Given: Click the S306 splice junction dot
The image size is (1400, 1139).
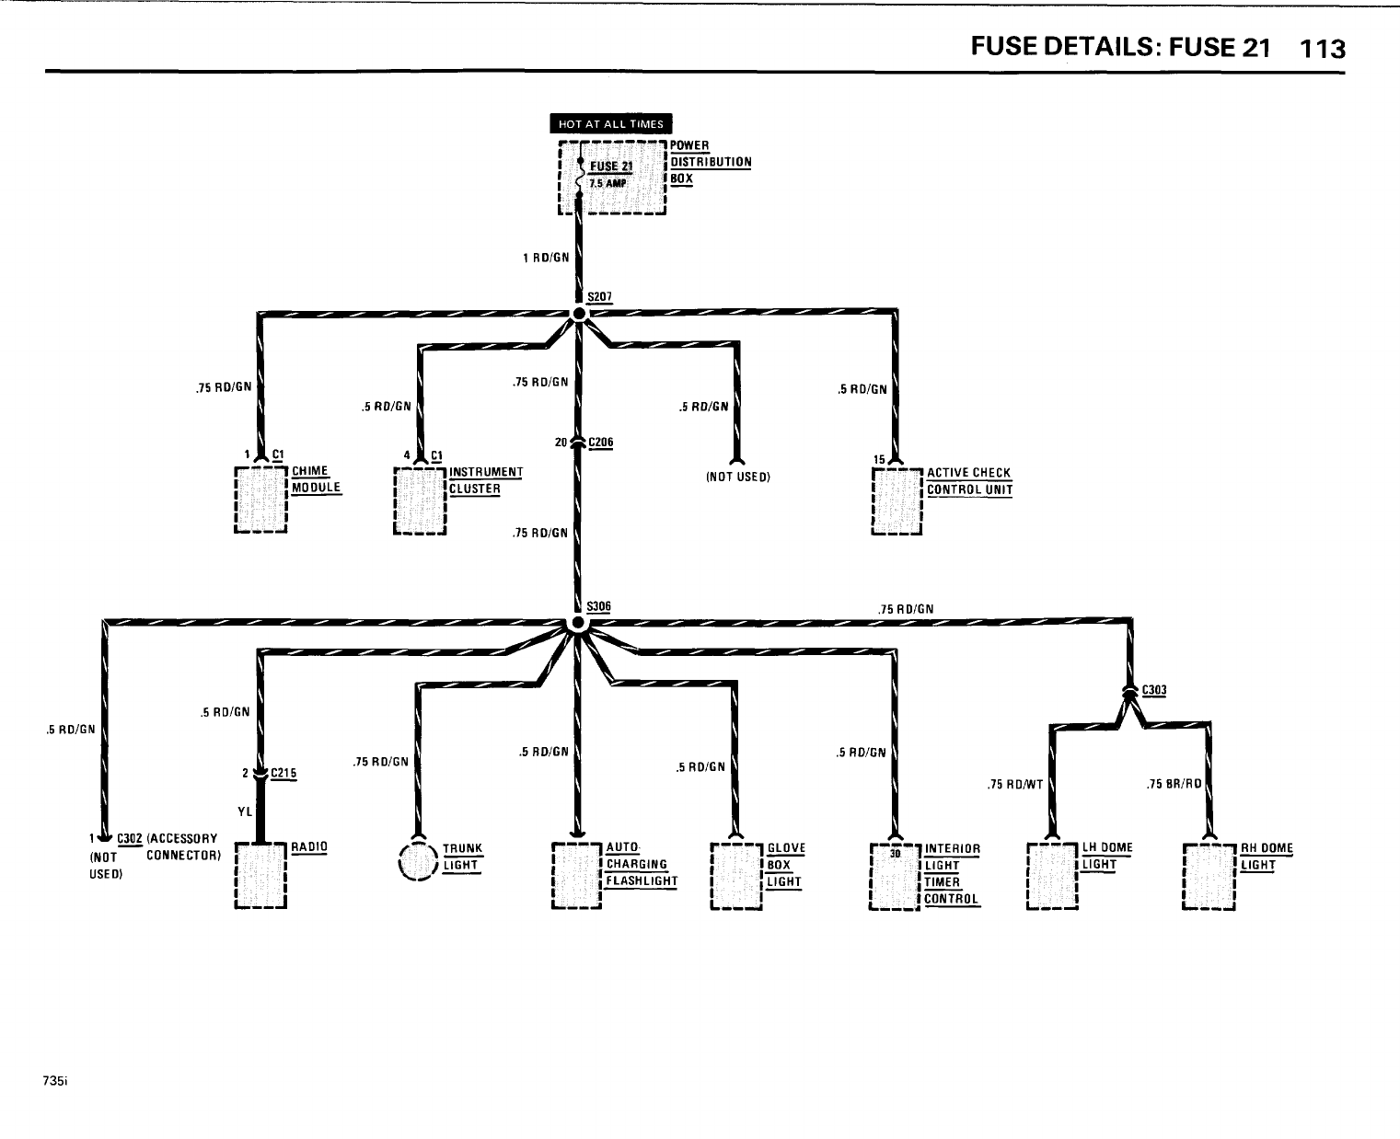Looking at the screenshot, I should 577,624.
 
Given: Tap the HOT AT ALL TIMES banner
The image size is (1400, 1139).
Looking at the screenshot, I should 611,124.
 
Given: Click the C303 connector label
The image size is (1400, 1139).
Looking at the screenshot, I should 1153,691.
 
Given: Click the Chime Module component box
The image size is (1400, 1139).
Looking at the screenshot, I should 261,500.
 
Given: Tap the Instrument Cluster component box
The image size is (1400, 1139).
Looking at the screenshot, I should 420,500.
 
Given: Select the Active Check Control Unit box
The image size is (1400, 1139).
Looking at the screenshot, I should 897,501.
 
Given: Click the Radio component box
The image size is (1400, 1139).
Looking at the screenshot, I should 261,874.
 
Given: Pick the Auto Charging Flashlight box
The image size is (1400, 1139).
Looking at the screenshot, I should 576,875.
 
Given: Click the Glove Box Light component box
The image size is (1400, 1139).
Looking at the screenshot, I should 736,875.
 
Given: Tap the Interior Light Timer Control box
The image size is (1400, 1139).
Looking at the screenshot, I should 895,875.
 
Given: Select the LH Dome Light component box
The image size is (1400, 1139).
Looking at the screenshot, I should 1052,875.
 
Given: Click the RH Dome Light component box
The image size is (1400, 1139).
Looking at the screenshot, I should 1209,875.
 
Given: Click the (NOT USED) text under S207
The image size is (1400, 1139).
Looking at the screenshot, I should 737,477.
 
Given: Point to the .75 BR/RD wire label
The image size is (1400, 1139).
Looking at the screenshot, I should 1174,785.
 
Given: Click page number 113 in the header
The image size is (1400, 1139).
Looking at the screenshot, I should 1323,49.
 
